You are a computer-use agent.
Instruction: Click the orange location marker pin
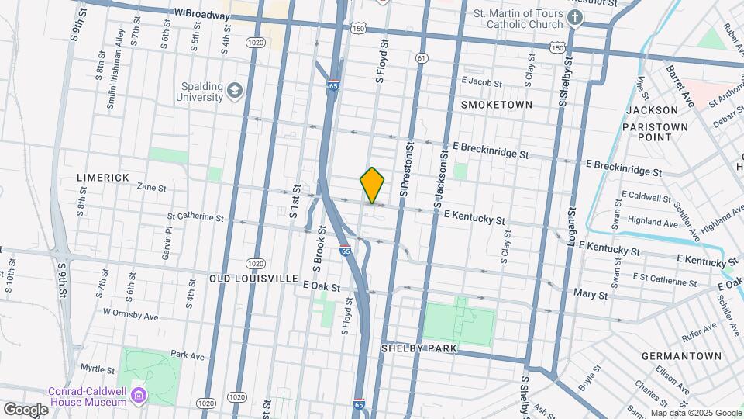[x=373, y=185]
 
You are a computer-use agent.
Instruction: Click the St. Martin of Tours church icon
[x=574, y=18]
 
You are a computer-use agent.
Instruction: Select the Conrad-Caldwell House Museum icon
[x=139, y=395]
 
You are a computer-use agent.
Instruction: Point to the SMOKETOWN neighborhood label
[x=497, y=104]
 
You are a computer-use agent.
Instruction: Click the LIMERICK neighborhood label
[x=103, y=178]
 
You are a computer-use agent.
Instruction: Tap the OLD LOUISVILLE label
[x=253, y=278]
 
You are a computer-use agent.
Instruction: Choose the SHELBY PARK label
[x=418, y=348]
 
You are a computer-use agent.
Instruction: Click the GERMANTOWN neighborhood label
[x=682, y=356]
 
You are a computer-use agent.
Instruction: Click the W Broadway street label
[x=202, y=15]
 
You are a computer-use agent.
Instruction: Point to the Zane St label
[x=151, y=187]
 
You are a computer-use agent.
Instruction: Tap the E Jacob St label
[x=481, y=81]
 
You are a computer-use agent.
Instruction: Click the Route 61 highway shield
[x=421, y=58]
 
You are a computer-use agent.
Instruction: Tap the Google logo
[x=25, y=409]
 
